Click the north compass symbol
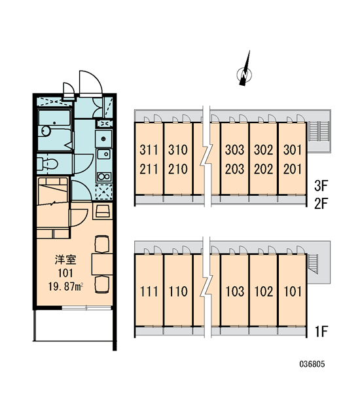(245, 74)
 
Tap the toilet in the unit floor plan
(48, 164)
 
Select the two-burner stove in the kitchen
(104, 177)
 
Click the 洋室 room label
(65, 259)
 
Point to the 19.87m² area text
(66, 286)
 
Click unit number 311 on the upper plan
(149, 149)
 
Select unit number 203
(234, 169)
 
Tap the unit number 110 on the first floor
(178, 291)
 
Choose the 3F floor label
(321, 186)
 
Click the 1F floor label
(321, 331)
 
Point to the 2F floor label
(321, 203)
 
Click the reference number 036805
(312, 364)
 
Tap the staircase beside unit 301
(317, 131)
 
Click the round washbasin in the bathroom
(46, 131)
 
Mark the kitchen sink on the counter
(103, 154)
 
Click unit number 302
(263, 149)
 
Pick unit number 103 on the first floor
(235, 291)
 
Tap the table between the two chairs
(102, 264)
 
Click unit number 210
(178, 169)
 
